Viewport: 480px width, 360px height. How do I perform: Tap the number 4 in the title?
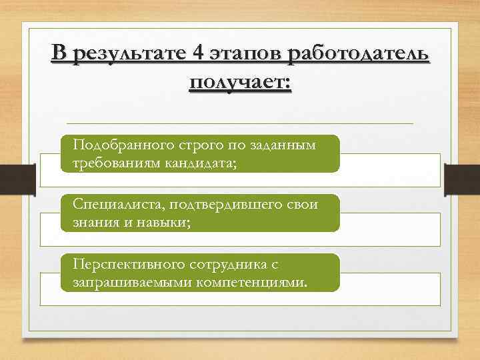tap(196, 55)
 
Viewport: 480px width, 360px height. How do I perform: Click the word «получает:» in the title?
tap(240, 84)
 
